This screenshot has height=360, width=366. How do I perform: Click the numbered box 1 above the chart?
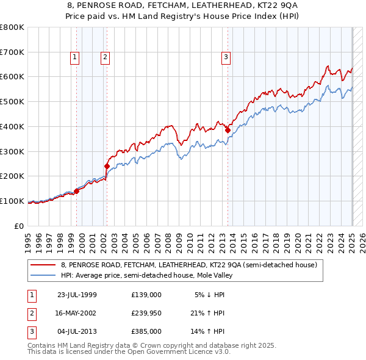point(74,57)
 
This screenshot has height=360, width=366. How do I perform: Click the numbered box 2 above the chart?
point(105,57)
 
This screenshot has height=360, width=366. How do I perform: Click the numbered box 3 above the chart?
point(226,57)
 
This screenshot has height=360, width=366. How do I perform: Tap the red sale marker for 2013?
point(228,129)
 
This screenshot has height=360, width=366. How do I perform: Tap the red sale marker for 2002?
point(107,165)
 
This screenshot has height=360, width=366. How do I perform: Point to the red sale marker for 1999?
point(77,191)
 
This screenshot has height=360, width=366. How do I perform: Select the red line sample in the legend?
point(43,265)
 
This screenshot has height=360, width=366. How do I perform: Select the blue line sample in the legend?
point(43,275)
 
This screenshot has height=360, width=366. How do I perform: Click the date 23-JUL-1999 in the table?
point(77,295)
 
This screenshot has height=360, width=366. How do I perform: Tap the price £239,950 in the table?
point(146,313)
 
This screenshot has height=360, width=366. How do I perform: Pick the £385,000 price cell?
point(146,331)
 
